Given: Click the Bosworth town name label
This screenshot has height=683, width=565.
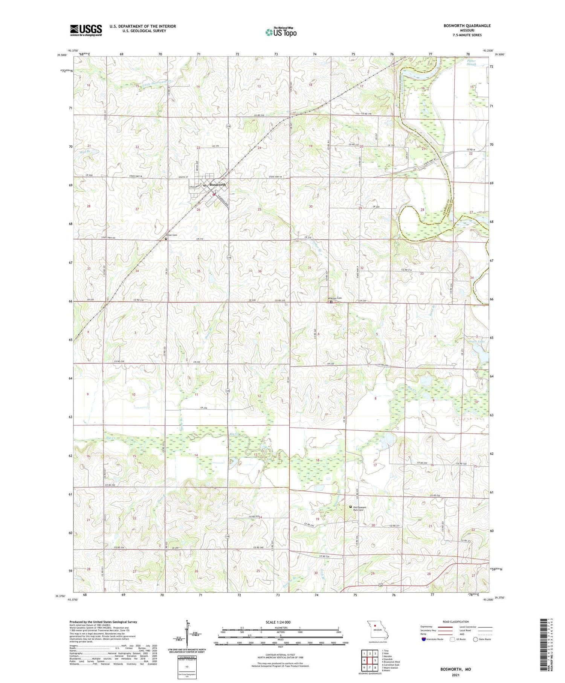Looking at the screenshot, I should click(218, 185).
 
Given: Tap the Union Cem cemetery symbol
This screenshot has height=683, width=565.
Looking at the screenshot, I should click(166, 238).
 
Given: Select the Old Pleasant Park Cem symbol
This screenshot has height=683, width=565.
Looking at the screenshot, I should click(351, 507).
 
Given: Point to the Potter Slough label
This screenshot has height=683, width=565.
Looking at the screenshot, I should click(471, 63).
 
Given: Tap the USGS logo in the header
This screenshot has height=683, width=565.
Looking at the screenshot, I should click(86, 30).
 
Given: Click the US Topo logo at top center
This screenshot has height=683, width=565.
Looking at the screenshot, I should click(281, 32).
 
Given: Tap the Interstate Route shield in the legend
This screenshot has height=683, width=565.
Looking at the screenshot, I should click(424, 639).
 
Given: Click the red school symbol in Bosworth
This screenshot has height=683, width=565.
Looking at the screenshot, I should click(214, 195).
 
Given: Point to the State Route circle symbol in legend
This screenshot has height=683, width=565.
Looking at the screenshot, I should click(475, 639).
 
